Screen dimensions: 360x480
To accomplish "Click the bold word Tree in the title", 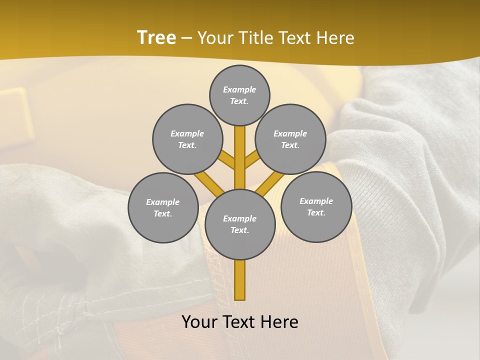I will (156, 38).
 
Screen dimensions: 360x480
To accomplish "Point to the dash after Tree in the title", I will (186, 38).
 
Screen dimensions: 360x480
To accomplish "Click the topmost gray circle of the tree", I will (239, 95).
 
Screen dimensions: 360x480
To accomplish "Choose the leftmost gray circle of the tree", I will (163, 207).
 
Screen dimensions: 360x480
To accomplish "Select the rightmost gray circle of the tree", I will (316, 206).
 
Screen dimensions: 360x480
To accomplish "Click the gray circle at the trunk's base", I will (240, 224).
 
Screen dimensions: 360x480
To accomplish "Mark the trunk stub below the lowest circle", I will (240, 280).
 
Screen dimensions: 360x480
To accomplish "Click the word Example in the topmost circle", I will (239, 89).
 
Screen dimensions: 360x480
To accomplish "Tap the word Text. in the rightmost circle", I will (316, 212).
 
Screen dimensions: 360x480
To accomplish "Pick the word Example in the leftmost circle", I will (162, 202).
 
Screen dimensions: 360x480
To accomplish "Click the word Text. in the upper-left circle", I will (187, 145).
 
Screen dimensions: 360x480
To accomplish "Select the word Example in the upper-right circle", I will (290, 133).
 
